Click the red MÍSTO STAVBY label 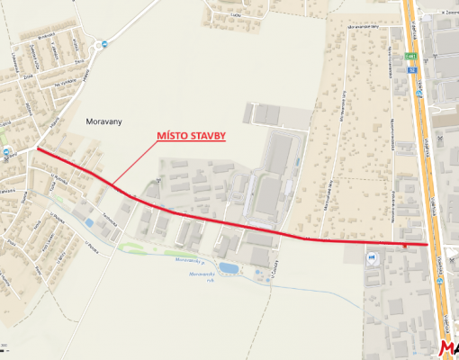pyautogui.click(x=192, y=135)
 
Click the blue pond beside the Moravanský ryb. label pyautogui.click(x=230, y=268)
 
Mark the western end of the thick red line pyautogui.click(x=38, y=150)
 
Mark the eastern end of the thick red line pyautogui.click(x=427, y=244)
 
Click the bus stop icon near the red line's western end pyautogui.click(x=8, y=154)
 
